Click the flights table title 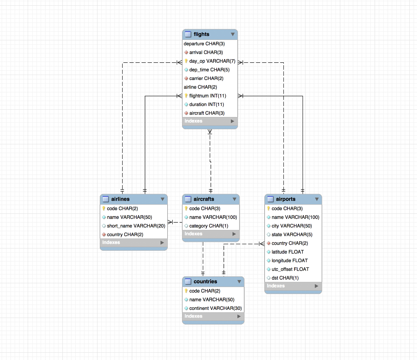(x=202, y=34)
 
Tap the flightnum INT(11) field (x=207, y=96)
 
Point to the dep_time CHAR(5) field (x=209, y=70)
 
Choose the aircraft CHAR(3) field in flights (x=206, y=113)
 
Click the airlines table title (x=120, y=199)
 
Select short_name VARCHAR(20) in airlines (x=136, y=226)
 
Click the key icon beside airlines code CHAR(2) (x=104, y=208)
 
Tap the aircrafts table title (x=204, y=199)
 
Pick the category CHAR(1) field (x=209, y=226)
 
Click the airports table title (x=285, y=199)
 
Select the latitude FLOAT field (x=288, y=252)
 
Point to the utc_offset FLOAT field (x=290, y=269)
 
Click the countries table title (x=205, y=282)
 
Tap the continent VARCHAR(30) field (x=215, y=308)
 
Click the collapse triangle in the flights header (x=233, y=35)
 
